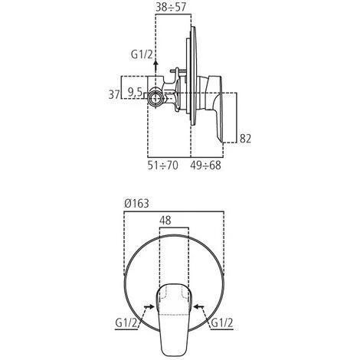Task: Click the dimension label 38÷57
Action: (172, 7)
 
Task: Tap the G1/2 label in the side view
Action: (142, 54)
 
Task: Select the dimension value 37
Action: (114, 94)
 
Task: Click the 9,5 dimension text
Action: (135, 93)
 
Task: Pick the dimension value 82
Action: (245, 139)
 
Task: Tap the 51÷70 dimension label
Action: (163, 165)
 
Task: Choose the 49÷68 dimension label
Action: (205, 165)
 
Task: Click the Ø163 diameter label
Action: (136, 204)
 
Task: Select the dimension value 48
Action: (165, 220)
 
